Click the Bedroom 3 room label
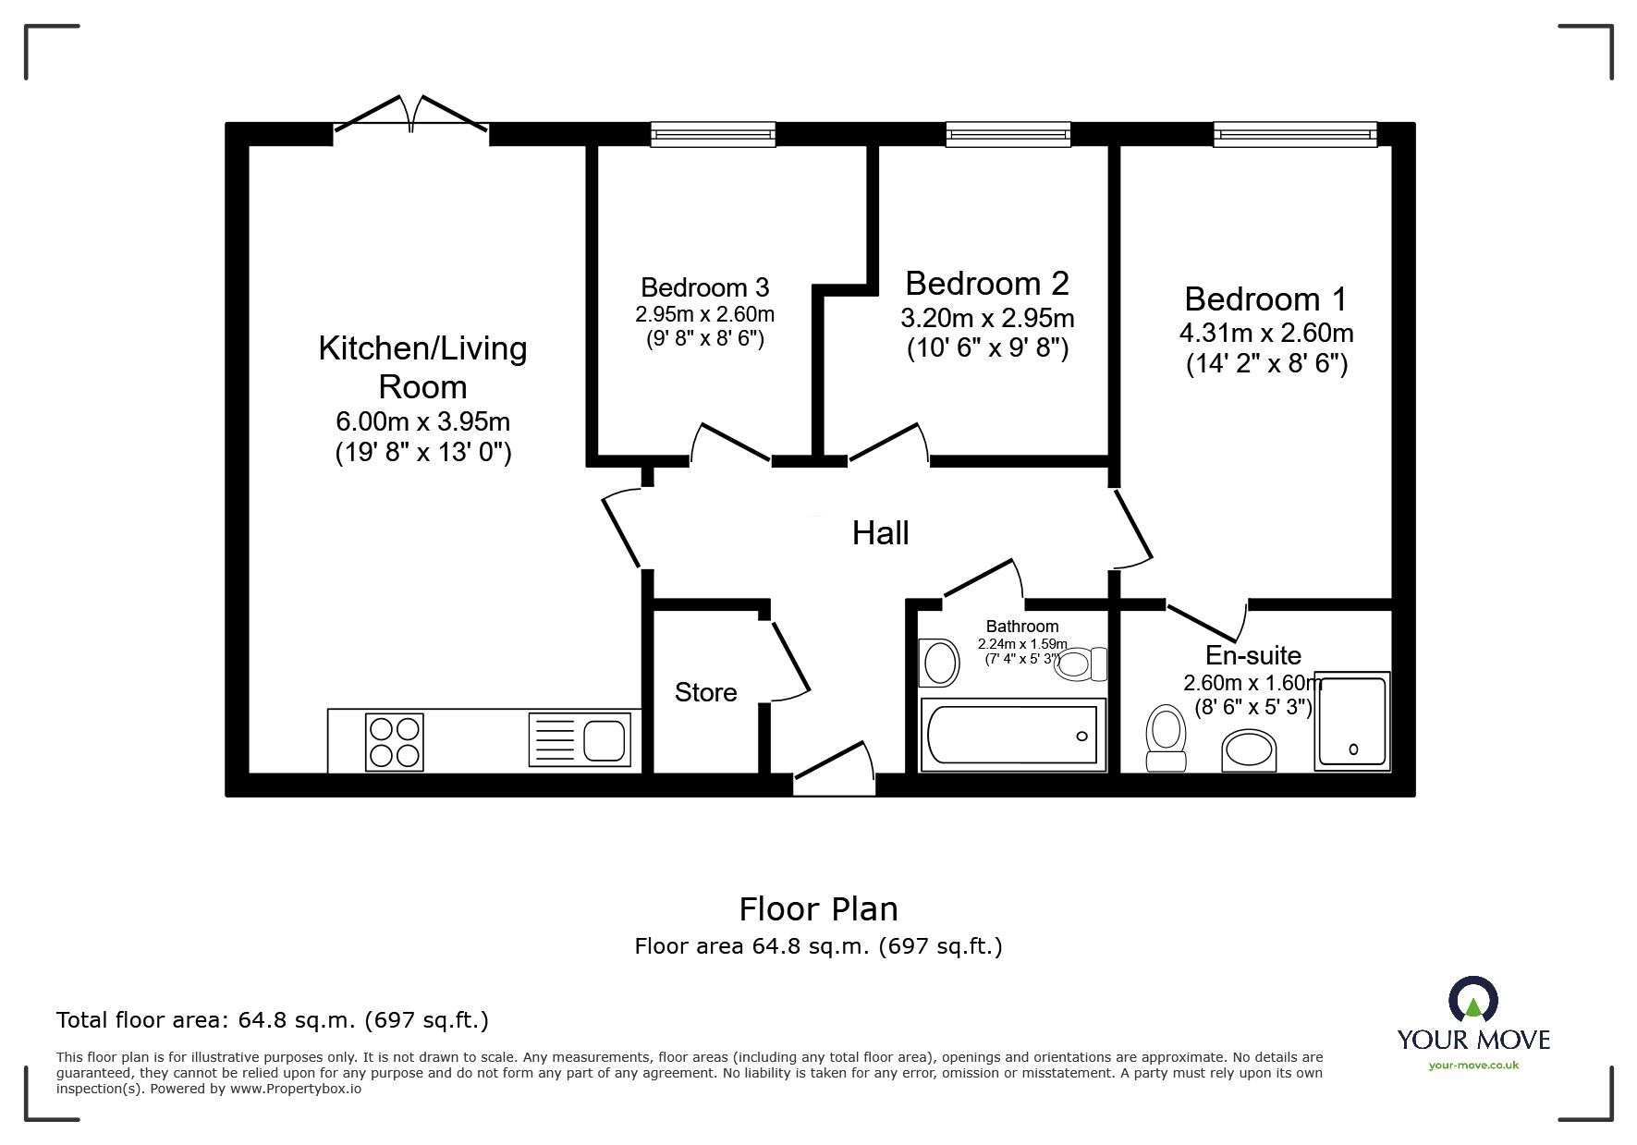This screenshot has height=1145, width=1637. pyautogui.click(x=704, y=286)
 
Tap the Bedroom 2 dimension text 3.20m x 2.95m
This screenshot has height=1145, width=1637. pyautogui.click(x=986, y=319)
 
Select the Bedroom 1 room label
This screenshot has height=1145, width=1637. pyautogui.click(x=1265, y=298)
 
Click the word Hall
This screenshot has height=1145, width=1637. pyautogui.click(x=880, y=533)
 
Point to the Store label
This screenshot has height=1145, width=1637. pyautogui.click(x=705, y=692)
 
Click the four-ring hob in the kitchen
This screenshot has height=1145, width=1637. pyautogui.click(x=396, y=742)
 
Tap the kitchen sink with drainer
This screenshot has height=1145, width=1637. pyautogui.click(x=580, y=740)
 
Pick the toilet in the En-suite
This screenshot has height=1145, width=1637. pyautogui.click(x=1166, y=737)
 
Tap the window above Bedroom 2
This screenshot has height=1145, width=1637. pyautogui.click(x=1008, y=135)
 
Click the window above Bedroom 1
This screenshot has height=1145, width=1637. pyautogui.click(x=1295, y=135)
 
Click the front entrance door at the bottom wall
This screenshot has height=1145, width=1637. pyautogui.click(x=834, y=769)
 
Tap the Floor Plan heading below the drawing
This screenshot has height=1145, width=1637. pyautogui.click(x=818, y=909)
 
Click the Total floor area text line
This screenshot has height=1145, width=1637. pyautogui.click(x=273, y=1020)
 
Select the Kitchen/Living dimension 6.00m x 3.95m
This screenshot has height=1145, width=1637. pyautogui.click(x=422, y=422)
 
